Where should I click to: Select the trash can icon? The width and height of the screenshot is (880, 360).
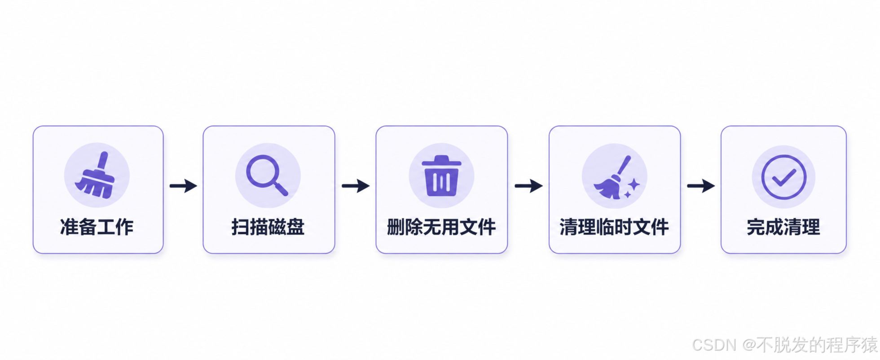[x=441, y=176]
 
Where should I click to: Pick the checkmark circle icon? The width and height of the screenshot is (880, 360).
[x=784, y=177]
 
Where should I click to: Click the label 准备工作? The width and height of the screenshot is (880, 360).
[x=97, y=227]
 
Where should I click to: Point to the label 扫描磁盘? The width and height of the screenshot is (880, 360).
[x=268, y=227]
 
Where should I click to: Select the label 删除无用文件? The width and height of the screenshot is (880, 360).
[x=442, y=227]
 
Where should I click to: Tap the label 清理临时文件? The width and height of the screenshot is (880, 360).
[x=614, y=227]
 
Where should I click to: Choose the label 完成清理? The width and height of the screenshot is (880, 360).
[x=783, y=227]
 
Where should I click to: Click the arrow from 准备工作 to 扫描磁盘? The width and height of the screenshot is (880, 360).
[x=183, y=185]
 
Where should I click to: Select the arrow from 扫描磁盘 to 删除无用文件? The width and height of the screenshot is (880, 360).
[x=356, y=185]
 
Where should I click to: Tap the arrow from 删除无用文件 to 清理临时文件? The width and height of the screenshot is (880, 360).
[x=528, y=185]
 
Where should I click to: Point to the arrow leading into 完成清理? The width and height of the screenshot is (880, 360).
[x=701, y=185]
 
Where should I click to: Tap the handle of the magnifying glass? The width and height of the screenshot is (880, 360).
[x=281, y=189]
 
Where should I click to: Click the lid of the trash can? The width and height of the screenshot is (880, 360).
[x=441, y=160]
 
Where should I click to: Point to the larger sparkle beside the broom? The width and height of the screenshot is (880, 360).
[x=634, y=184]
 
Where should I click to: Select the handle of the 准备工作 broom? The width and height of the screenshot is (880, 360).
[x=103, y=162]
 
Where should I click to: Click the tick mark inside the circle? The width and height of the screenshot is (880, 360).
[x=784, y=177]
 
